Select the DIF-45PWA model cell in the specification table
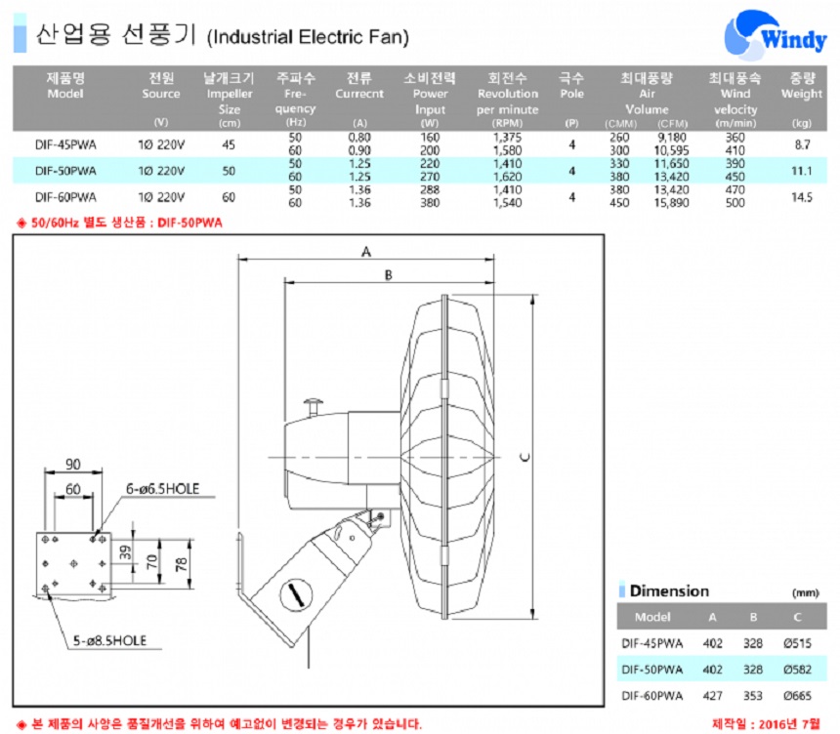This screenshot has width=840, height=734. pyautogui.click(x=65, y=145)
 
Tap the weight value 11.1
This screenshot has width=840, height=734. pyautogui.click(x=802, y=171)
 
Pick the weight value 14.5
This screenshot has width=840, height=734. pyautogui.click(x=802, y=197)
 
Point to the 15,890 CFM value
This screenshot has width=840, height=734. pyautogui.click(x=671, y=203)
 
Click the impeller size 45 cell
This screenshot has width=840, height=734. pyautogui.click(x=229, y=145)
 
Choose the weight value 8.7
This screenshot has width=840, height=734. pyautogui.click(x=802, y=144)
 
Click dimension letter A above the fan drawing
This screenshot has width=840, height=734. pyautogui.click(x=366, y=251)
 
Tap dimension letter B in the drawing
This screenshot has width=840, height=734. pyautogui.click(x=389, y=275)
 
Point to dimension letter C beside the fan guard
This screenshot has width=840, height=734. pyautogui.click(x=525, y=457)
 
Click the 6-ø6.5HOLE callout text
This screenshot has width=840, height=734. pyautogui.click(x=162, y=489)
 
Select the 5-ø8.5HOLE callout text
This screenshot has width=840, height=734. pyautogui.click(x=109, y=641)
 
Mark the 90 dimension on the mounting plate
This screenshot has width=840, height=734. pyautogui.click(x=73, y=465)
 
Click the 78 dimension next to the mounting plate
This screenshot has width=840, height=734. pyautogui.click(x=181, y=564)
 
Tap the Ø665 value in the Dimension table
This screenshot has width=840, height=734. pyautogui.click(x=797, y=696)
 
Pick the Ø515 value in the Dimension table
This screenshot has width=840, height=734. pyautogui.click(x=797, y=643)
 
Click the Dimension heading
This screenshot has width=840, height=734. pyautogui.click(x=669, y=591)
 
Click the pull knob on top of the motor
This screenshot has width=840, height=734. pyautogui.click(x=314, y=406)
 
